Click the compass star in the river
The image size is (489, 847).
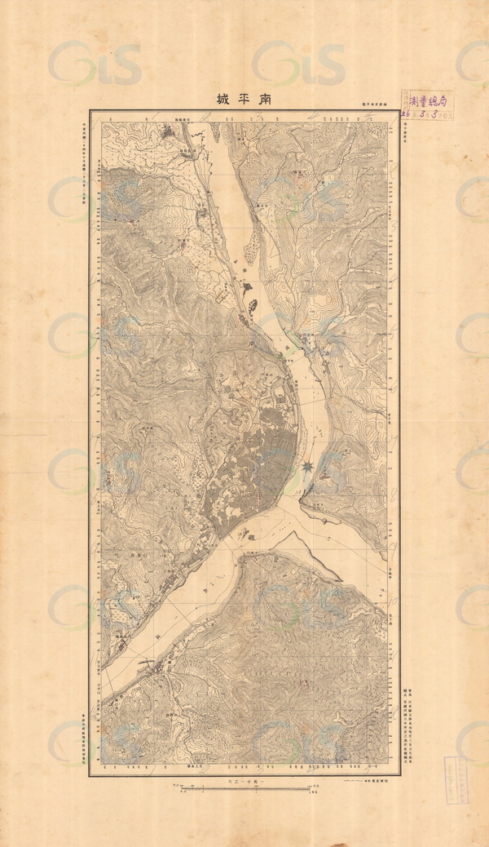[306, 468]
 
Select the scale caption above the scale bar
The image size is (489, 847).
[245, 782]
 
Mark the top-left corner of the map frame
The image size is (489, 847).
[90, 110]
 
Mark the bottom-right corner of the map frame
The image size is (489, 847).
[399, 774]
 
